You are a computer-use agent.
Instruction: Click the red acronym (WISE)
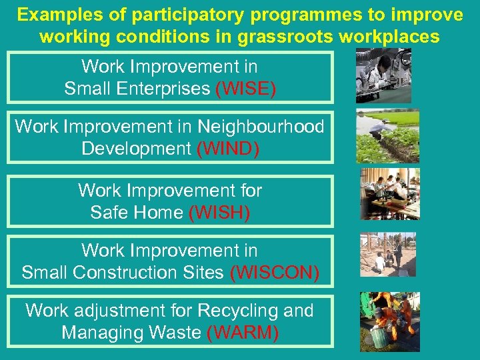click(x=245, y=89)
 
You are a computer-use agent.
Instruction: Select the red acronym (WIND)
click(x=227, y=149)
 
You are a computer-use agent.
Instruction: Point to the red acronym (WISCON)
click(x=274, y=272)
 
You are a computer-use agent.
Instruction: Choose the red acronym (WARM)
click(x=243, y=332)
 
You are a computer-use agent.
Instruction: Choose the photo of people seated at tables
click(x=389, y=194)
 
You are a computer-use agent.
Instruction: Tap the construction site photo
click(x=387, y=254)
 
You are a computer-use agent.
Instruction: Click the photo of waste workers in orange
click(x=389, y=321)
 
